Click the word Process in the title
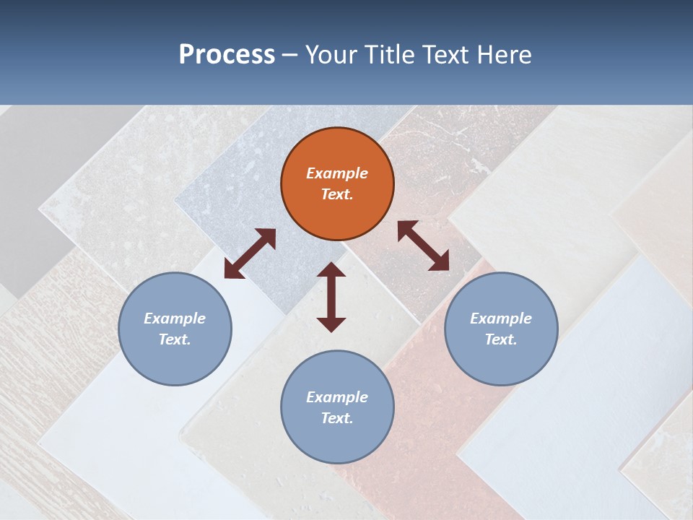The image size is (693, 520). (227, 55)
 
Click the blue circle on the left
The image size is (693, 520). (175, 329)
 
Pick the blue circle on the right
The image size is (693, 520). (501, 329)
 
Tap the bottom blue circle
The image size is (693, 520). (337, 407)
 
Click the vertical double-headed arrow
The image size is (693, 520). (331, 297)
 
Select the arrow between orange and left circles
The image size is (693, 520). (250, 253)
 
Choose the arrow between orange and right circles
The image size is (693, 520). (423, 246)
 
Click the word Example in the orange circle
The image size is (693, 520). (337, 173)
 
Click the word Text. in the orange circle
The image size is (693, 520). (337, 194)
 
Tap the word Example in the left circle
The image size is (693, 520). (175, 318)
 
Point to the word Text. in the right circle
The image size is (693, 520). (501, 339)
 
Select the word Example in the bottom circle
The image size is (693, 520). (337, 397)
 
